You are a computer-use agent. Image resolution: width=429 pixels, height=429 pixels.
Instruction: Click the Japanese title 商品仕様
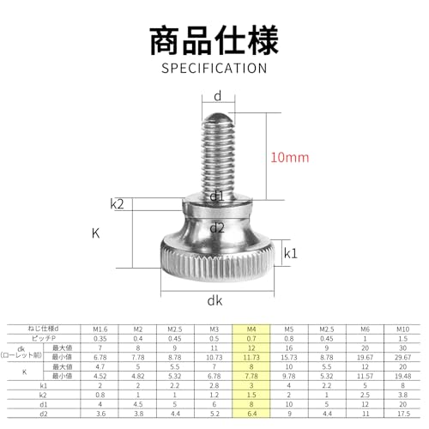[214, 40]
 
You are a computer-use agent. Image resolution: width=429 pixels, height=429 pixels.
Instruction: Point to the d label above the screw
[218, 95]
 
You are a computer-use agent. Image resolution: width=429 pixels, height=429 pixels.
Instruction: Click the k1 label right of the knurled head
[291, 253]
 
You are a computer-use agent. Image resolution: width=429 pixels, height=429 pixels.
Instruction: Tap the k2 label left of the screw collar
[118, 203]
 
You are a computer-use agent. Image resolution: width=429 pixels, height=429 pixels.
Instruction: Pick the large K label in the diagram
[96, 232]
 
